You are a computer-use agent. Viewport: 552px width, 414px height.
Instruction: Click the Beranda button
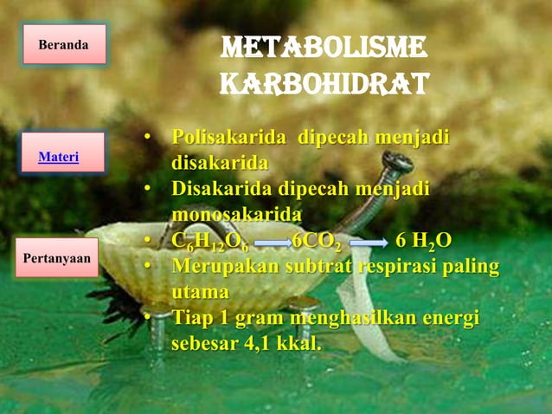tap(63, 43)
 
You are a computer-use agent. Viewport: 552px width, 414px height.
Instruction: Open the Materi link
tap(59, 157)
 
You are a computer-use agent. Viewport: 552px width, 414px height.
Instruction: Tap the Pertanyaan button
tap(57, 258)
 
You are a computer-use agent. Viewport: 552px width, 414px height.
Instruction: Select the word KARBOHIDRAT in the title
tap(324, 84)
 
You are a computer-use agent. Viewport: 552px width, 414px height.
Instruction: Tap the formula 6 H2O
tap(423, 241)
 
